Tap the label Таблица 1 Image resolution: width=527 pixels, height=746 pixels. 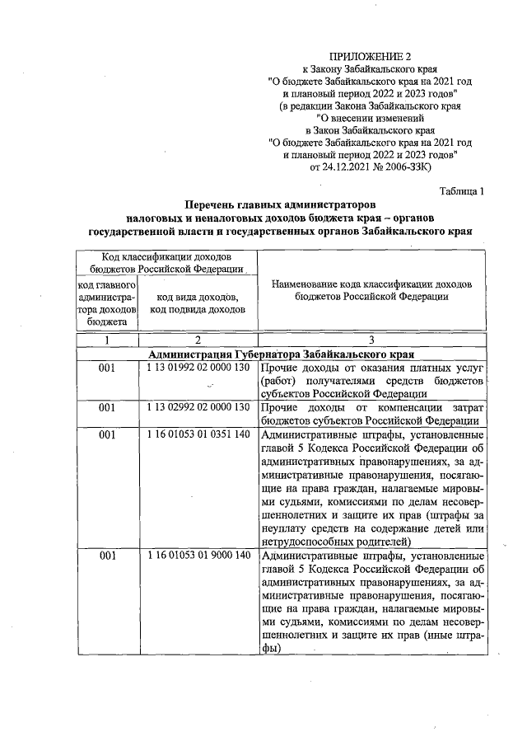[x=462, y=191]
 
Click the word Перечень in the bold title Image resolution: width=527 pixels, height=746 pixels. [x=215, y=204]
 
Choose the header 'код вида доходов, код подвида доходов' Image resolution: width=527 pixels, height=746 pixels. [x=198, y=303]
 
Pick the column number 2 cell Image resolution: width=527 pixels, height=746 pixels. [x=198, y=340]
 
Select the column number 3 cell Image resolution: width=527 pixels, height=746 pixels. [x=371, y=340]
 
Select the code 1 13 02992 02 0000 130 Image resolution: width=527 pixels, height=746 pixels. [x=198, y=407]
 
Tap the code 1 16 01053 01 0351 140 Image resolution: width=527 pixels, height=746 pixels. [x=198, y=434]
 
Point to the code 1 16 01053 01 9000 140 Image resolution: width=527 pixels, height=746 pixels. [x=198, y=556]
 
